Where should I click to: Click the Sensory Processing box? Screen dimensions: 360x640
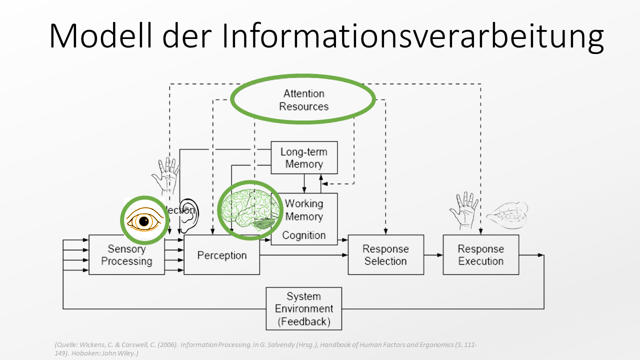coord(126,255)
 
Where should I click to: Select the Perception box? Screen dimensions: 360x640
coord(221,255)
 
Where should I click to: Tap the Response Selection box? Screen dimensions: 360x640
coord(385,255)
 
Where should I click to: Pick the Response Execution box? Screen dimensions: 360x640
coord(480,255)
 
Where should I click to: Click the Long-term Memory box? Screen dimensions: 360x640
coord(304,157)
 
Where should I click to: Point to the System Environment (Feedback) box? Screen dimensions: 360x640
coord(304,309)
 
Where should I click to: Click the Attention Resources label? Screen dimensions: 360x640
coord(303,99)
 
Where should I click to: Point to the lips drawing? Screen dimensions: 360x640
coord(507,215)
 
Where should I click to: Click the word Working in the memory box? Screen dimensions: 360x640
coord(304,203)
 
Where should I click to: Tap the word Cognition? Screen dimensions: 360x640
coord(304,235)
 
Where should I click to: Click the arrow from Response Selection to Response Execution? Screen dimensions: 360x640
coord(433,255)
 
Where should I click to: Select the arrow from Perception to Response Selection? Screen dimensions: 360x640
coord(304,255)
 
